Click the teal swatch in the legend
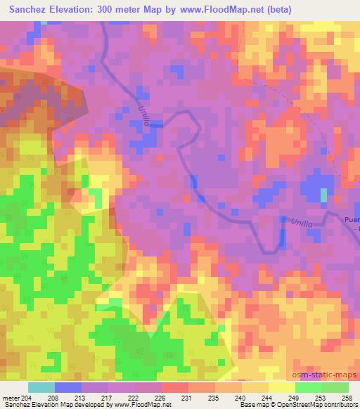click(x=41, y=387)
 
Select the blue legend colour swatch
click(x=67, y=387)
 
